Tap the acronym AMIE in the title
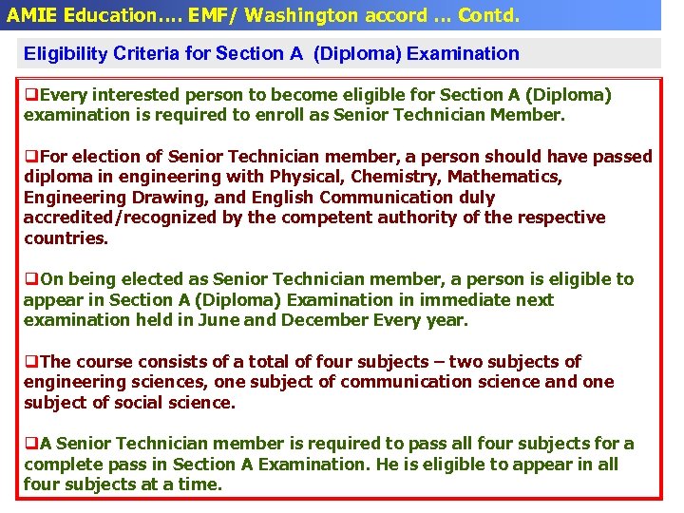click(31, 15)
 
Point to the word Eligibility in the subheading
click(63, 54)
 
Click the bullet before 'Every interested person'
click(30, 96)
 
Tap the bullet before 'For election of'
click(30, 157)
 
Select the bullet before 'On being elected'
click(30, 279)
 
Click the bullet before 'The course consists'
click(30, 362)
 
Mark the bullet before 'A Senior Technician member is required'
click(30, 444)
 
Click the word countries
click(66, 238)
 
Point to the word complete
click(63, 465)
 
